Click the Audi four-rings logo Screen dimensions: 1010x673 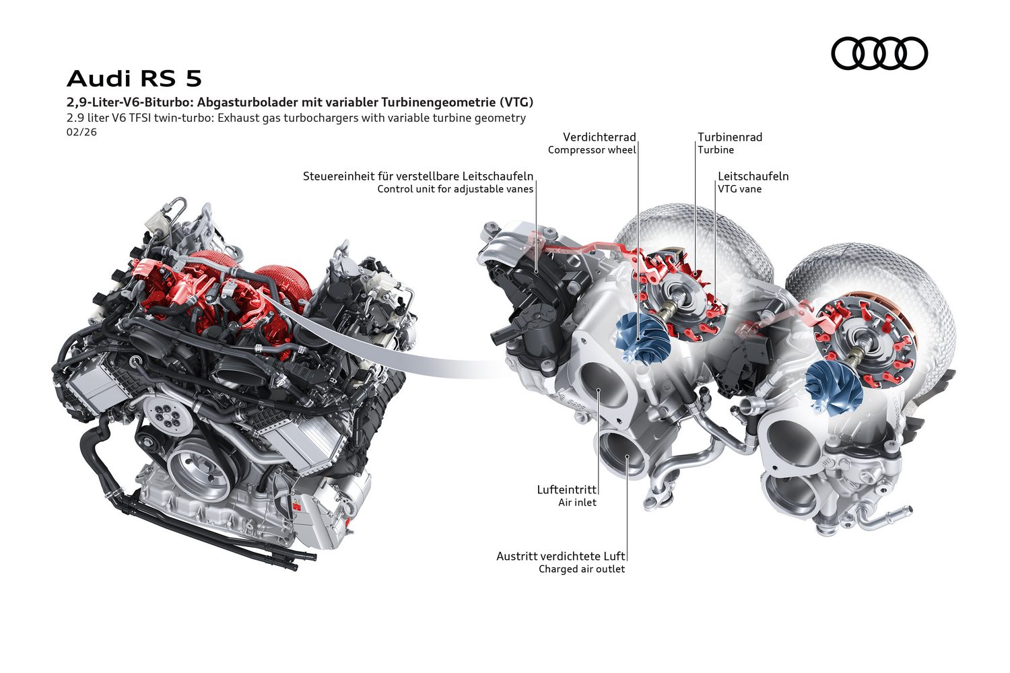pyautogui.click(x=879, y=53)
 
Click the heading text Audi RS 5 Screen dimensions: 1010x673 pyautogui.click(x=135, y=79)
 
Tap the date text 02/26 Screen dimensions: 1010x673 pyautogui.click(x=81, y=132)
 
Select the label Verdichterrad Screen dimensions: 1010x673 pyautogui.click(x=599, y=137)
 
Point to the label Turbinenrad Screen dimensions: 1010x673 pyautogui.click(x=730, y=137)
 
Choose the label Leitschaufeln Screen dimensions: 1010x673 pyautogui.click(x=753, y=176)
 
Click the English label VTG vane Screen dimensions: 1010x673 pyautogui.click(x=739, y=189)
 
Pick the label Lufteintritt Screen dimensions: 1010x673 pyautogui.click(x=567, y=489)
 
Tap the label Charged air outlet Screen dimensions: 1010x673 pyautogui.click(x=582, y=569)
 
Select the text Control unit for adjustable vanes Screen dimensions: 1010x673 pyautogui.click(x=455, y=189)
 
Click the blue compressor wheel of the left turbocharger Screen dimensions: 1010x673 pyautogui.click(x=641, y=338)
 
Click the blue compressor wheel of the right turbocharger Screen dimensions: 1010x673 pyautogui.click(x=834, y=389)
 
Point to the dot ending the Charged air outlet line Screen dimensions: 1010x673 pyautogui.click(x=627, y=458)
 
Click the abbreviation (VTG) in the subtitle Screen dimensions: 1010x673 pyautogui.click(x=516, y=102)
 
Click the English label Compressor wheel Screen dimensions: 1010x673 pyautogui.click(x=592, y=150)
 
